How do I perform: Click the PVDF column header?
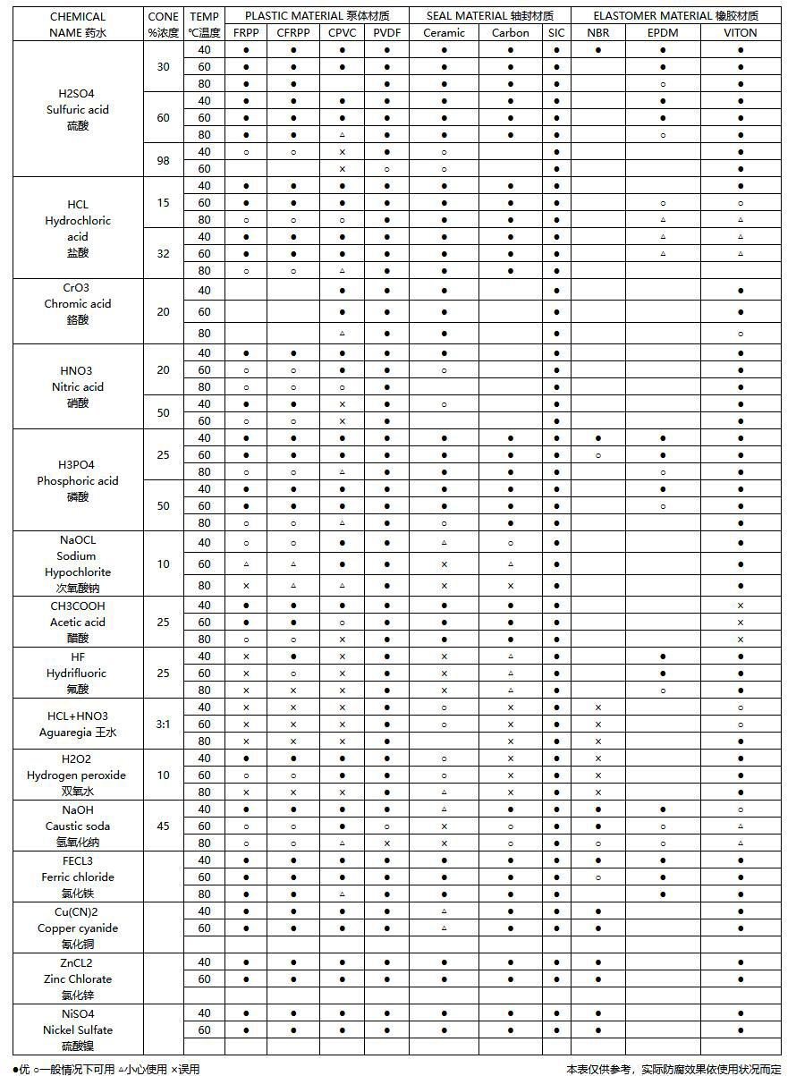386,33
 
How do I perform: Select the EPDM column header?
663,33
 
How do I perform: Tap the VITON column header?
741,33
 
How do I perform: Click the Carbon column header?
510,33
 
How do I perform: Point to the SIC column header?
556,33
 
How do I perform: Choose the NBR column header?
598,33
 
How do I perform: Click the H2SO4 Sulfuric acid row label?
78,109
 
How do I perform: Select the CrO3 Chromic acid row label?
78,304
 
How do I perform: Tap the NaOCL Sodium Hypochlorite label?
78,563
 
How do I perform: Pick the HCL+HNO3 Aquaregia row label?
78,724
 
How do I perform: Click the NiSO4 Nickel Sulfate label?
78,1029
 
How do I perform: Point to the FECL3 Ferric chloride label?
78,877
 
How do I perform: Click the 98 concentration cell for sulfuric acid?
163,160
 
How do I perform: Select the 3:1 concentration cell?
163,724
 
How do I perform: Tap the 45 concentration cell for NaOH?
163,826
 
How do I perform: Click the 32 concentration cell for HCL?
163,253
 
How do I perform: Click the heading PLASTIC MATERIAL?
316,16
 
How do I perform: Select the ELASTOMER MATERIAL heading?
676,16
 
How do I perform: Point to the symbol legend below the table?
106,1069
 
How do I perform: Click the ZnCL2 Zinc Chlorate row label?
78,979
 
